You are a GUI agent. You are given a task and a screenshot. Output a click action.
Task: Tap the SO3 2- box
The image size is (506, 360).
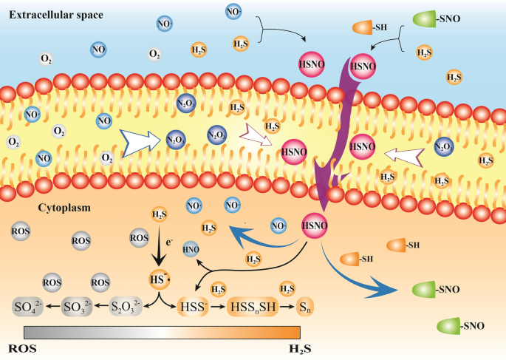click(77, 306)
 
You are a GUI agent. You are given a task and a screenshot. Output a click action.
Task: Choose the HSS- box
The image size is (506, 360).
click(192, 306)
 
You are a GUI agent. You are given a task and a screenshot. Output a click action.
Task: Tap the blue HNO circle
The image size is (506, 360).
click(191, 249)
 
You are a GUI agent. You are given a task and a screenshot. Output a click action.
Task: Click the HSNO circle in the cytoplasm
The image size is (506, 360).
click(315, 224)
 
